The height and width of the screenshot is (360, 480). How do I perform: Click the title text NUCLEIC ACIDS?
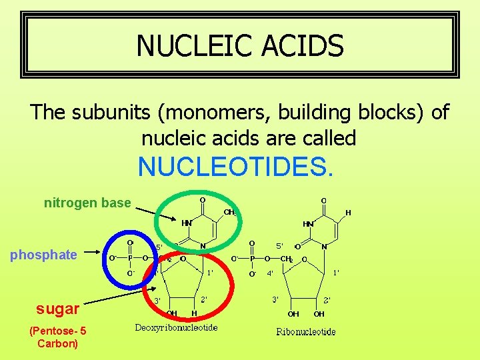pyautogui.click(x=240, y=45)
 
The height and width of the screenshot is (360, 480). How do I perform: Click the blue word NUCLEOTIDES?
pyautogui.click(x=234, y=167)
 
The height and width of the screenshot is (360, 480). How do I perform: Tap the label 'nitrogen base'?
pyautogui.click(x=87, y=203)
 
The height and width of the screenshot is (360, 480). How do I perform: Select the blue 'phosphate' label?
pyautogui.click(x=44, y=255)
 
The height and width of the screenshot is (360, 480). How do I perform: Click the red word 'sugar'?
pyautogui.click(x=58, y=308)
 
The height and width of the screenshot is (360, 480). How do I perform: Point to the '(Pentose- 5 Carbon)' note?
pyautogui.click(x=57, y=337)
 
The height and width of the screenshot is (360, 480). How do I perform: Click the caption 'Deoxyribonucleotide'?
pyautogui.click(x=176, y=327)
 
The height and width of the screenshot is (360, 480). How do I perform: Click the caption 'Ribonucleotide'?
pyautogui.click(x=306, y=331)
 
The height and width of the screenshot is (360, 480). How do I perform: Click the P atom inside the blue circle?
pyautogui.click(x=131, y=258)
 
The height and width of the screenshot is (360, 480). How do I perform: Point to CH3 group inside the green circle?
pyautogui.click(x=229, y=212)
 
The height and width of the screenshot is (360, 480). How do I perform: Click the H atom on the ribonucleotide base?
pyautogui.click(x=347, y=213)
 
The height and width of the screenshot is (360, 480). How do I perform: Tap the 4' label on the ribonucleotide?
pyautogui.click(x=270, y=273)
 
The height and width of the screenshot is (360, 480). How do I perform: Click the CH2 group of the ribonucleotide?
pyautogui.click(x=286, y=259)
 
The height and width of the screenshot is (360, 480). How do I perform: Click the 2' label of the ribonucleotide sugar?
pyautogui.click(x=327, y=300)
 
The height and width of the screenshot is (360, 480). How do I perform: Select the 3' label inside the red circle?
pyautogui.click(x=158, y=301)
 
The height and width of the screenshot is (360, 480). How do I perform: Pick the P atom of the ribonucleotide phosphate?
pyautogui.click(x=252, y=259)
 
